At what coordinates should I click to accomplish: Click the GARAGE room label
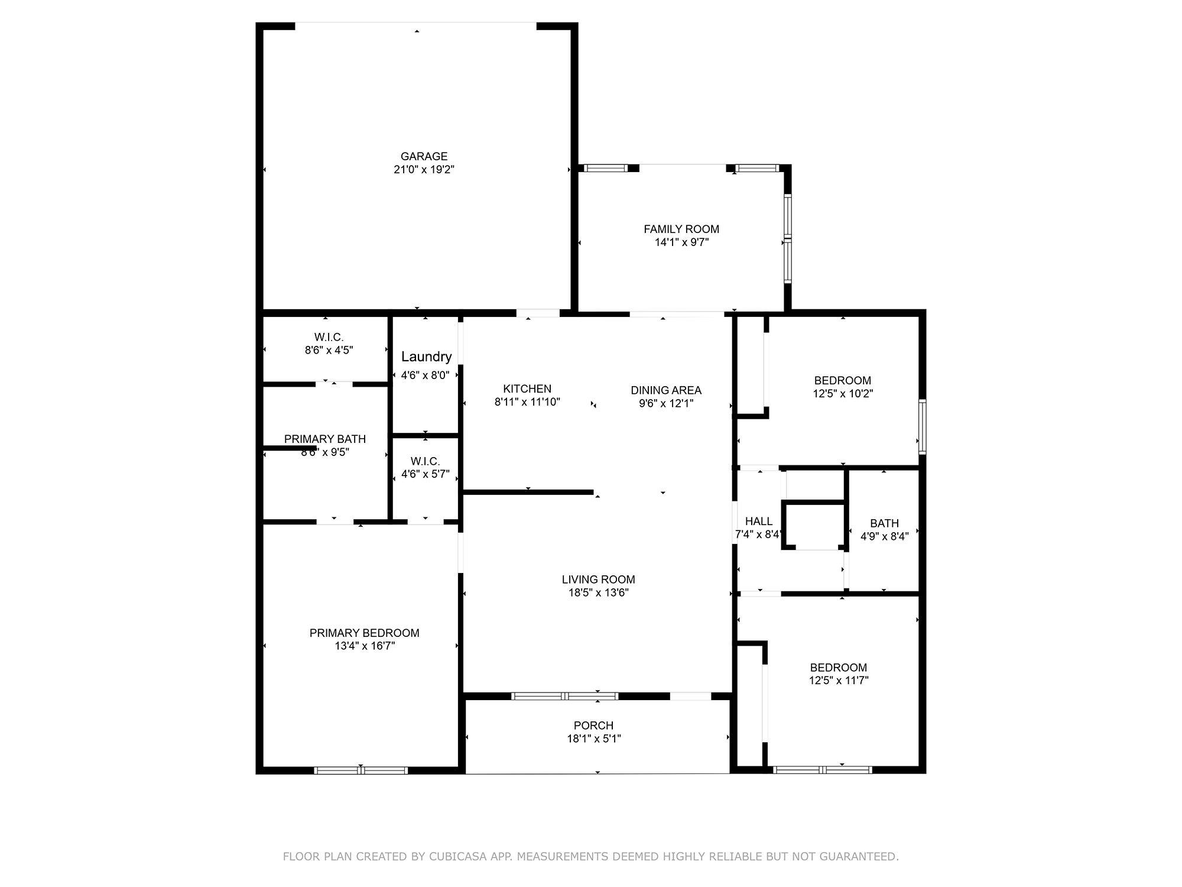(424, 157)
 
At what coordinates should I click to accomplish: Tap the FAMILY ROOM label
(681, 229)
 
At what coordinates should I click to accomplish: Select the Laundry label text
(426, 357)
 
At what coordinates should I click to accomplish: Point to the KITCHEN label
(527, 389)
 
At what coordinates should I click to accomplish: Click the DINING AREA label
(666, 390)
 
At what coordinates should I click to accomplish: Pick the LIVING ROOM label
(599, 580)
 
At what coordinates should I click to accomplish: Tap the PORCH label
(593, 726)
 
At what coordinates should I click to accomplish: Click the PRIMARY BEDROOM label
(365, 633)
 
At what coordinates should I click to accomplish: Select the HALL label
(759, 522)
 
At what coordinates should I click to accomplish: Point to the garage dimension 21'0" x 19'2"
(424, 170)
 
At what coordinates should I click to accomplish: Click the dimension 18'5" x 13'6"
(599, 593)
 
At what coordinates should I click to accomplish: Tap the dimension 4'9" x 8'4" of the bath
(884, 536)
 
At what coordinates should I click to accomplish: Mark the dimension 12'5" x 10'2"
(843, 393)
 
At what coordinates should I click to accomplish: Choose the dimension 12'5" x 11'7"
(839, 681)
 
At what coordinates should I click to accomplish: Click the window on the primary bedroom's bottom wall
(361, 770)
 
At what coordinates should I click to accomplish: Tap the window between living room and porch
(564, 696)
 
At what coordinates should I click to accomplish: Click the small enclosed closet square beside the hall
(814, 526)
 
